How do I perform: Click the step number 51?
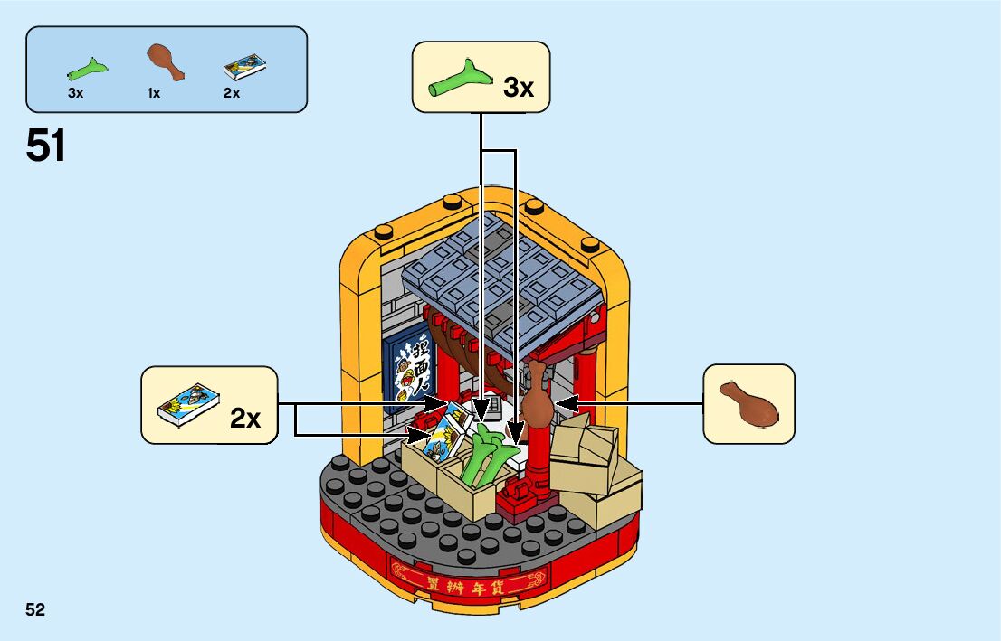pyautogui.click(x=46, y=146)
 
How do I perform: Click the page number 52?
pyautogui.click(x=35, y=609)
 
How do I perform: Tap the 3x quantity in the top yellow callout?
pyautogui.click(x=519, y=88)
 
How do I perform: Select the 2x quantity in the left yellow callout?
pyautogui.click(x=245, y=418)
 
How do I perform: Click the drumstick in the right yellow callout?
pyautogui.click(x=748, y=403)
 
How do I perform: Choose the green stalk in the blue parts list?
pyautogui.click(x=88, y=69)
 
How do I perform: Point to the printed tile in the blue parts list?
pyautogui.click(x=244, y=67)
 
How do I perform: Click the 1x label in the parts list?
pyautogui.click(x=154, y=93)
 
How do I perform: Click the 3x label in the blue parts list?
pyautogui.click(x=75, y=93)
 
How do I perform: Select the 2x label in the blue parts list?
pyautogui.click(x=232, y=93)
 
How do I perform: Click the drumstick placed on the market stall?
pyautogui.click(x=535, y=394)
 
